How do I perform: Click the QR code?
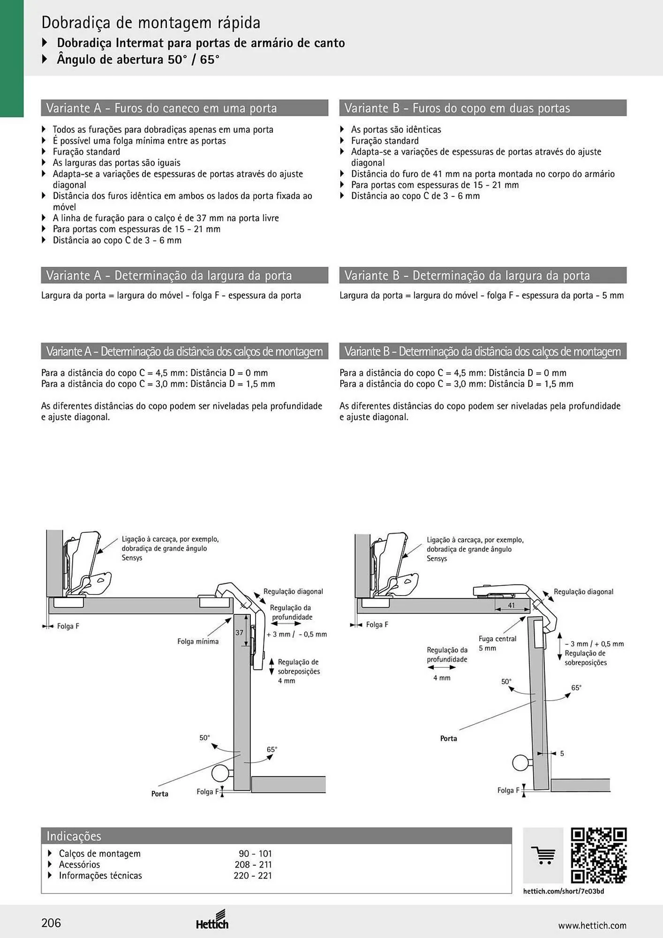pyautogui.click(x=599, y=855)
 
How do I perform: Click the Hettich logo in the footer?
pyautogui.click(x=212, y=920)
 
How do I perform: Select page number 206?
pyautogui.click(x=51, y=923)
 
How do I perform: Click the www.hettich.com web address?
pyautogui.click(x=592, y=925)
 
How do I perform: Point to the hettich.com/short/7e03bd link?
pyautogui.click(x=564, y=891)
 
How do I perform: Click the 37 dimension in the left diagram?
pyautogui.click(x=239, y=633)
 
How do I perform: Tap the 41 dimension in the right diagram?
pyautogui.click(x=512, y=605)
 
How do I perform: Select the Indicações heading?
pyautogui.click(x=74, y=836)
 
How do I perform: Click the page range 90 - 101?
pyautogui.click(x=255, y=854)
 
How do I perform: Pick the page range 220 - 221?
pyautogui.click(x=253, y=875)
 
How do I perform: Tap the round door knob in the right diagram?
pyautogui.click(x=520, y=763)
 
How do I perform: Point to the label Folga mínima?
pyautogui.click(x=198, y=642)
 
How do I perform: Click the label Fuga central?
pyautogui.click(x=497, y=639)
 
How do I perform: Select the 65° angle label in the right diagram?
pyautogui.click(x=576, y=688)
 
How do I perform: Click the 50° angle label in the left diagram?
pyautogui.click(x=204, y=738)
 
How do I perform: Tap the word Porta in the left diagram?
pyautogui.click(x=160, y=794)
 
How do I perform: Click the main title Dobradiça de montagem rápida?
pyautogui.click(x=151, y=23)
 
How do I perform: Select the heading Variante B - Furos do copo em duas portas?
pyautogui.click(x=457, y=108)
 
